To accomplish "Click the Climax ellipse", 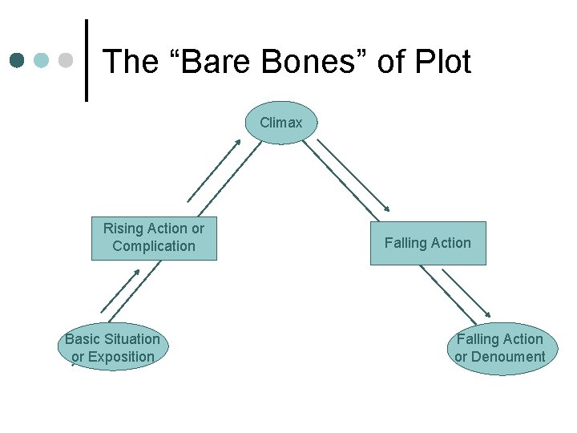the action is click(x=281, y=123).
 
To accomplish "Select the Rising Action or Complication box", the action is click(x=154, y=238).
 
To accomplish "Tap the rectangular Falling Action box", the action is click(x=428, y=243).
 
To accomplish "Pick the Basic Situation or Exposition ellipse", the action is click(x=112, y=348).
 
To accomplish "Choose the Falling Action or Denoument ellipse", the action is click(x=500, y=349).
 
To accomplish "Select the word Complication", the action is click(x=154, y=247).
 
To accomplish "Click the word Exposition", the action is click(x=119, y=358).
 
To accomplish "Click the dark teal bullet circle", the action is click(x=18, y=61).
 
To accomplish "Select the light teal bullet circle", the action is click(x=42, y=61).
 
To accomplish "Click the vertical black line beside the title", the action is click(x=87, y=61).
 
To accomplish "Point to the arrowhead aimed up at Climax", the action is click(x=238, y=141).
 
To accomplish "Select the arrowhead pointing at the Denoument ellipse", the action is click(x=490, y=315).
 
